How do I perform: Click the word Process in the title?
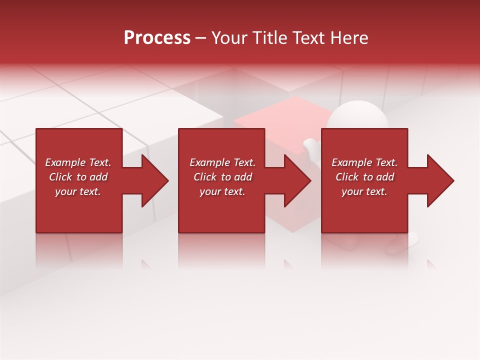[x=157, y=38]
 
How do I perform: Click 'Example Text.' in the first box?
[x=78, y=162]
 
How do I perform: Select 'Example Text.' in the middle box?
[x=222, y=162]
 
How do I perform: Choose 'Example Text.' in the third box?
[x=364, y=162]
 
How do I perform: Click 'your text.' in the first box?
[x=78, y=191]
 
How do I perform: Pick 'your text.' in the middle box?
[x=222, y=191]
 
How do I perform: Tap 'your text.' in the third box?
[x=364, y=191]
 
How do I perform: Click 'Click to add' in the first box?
[x=78, y=177]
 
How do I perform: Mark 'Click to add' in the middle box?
[x=222, y=177]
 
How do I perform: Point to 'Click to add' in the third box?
[x=364, y=177]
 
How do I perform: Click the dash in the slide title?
[x=200, y=38]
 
